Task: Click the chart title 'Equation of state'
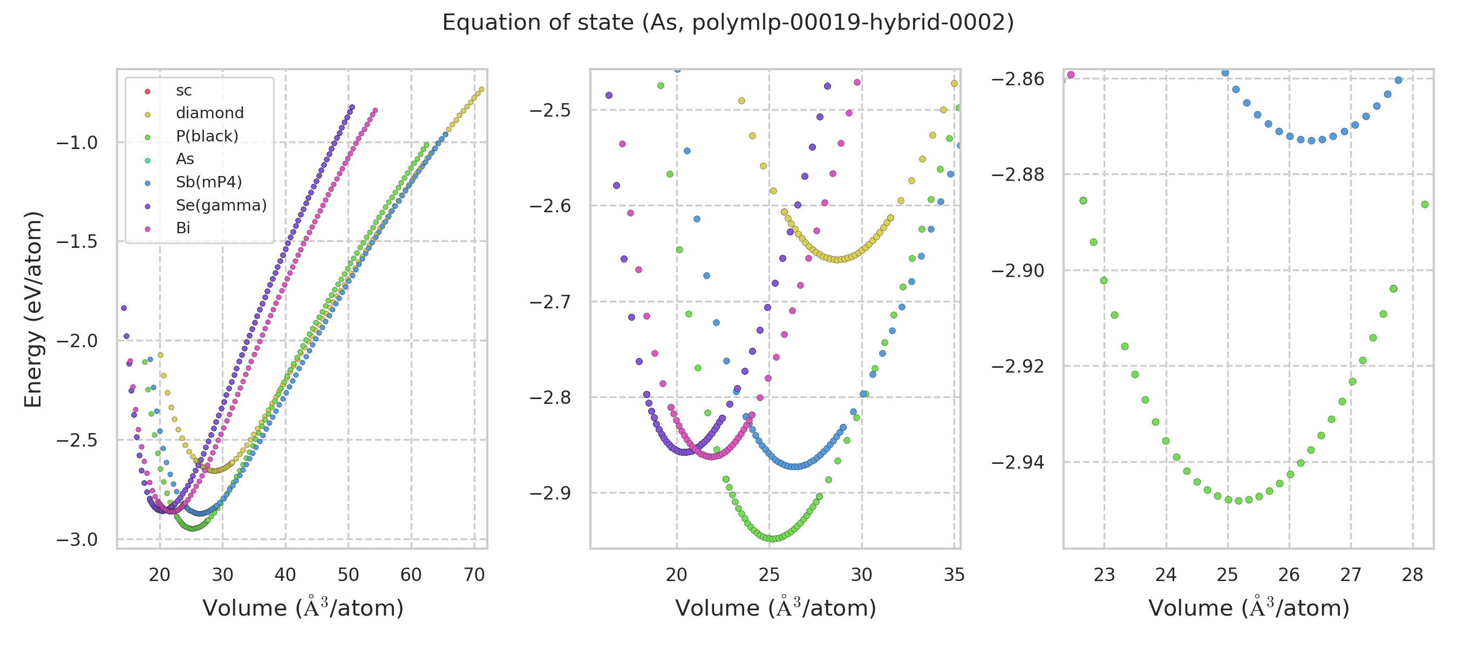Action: [728, 23]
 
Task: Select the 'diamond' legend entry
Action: [209, 113]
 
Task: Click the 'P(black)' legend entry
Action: [207, 137]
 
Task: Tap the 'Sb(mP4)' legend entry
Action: [209, 182]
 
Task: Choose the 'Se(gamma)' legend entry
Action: [221, 205]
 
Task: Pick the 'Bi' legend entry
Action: [183, 228]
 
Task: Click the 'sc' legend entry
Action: [184, 91]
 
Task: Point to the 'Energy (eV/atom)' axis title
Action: [33, 309]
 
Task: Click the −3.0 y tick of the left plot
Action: [77, 540]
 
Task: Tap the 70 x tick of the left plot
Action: [474, 575]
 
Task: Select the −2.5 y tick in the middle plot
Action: [550, 110]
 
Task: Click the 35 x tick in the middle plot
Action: [954, 575]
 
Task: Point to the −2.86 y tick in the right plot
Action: [1018, 79]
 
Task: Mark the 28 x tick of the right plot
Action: [1412, 575]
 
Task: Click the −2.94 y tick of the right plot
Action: [1018, 462]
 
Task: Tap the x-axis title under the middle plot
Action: [775, 609]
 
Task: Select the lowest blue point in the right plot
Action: [1312, 140]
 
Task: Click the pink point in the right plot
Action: [1071, 75]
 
